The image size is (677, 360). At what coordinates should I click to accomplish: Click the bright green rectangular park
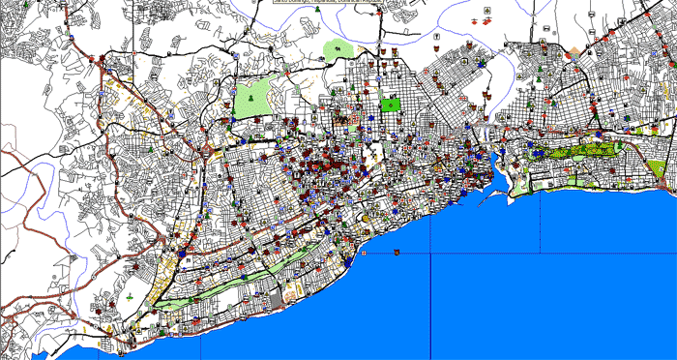pyautogui.click(x=390, y=104)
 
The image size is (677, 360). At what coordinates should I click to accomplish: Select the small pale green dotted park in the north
pyautogui.click(x=338, y=48)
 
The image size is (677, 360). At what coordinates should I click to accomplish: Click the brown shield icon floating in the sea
pyautogui.click(x=396, y=253)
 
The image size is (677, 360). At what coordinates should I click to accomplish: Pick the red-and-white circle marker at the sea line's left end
pyautogui.click(x=364, y=253)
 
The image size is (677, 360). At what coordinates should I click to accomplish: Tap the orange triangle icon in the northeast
pyautogui.click(x=576, y=49)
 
